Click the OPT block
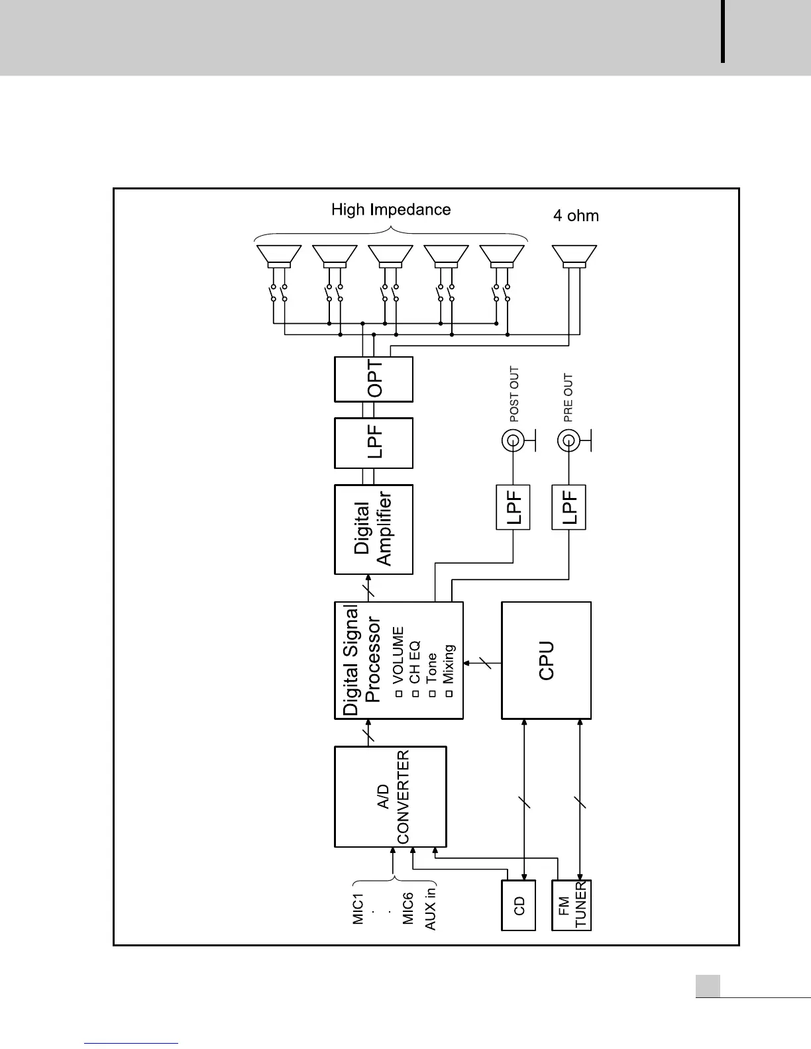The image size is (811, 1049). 374,379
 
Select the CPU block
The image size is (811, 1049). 546,660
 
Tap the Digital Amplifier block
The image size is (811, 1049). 374,529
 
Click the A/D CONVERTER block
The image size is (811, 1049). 390,797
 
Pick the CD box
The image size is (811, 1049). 517,905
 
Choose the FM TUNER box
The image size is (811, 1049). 571,905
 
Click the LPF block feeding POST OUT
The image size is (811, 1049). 514,507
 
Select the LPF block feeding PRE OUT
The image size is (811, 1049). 569,507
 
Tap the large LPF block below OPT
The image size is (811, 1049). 374,442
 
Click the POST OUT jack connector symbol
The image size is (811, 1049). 512,440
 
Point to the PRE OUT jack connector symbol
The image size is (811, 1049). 568,440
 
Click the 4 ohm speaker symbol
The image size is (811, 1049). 574,256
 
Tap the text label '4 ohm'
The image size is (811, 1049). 576,215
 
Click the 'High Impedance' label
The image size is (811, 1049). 391,210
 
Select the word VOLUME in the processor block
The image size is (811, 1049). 398,656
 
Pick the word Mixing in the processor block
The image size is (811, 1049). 449,664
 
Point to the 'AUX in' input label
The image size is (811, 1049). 430,906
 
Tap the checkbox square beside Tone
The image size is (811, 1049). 432,693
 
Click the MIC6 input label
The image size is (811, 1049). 408,908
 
